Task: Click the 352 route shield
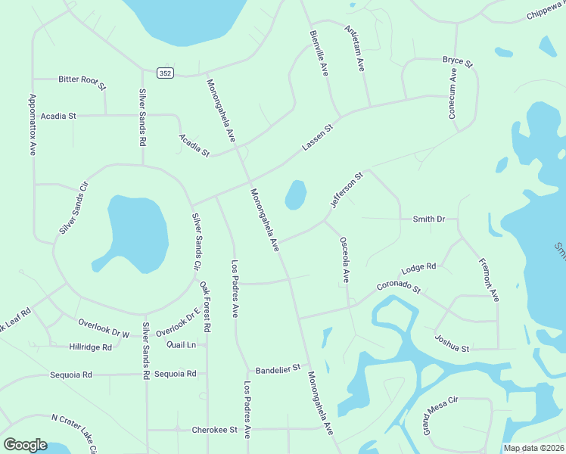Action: coord(165,73)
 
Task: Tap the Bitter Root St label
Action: coord(81,79)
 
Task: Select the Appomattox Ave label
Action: coord(33,125)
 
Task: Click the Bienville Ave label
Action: coord(319,53)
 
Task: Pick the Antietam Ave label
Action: coord(355,50)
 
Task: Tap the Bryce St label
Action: coord(457,60)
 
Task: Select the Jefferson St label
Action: coord(347,190)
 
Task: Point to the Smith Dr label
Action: coord(428,219)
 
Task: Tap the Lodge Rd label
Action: coord(418,268)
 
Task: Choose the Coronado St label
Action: coord(399,288)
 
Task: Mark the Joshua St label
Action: coord(452,344)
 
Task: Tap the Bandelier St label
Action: coord(278,370)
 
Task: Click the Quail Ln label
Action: coord(182,344)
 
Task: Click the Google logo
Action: coord(25,445)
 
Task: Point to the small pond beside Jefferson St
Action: coord(295,194)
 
